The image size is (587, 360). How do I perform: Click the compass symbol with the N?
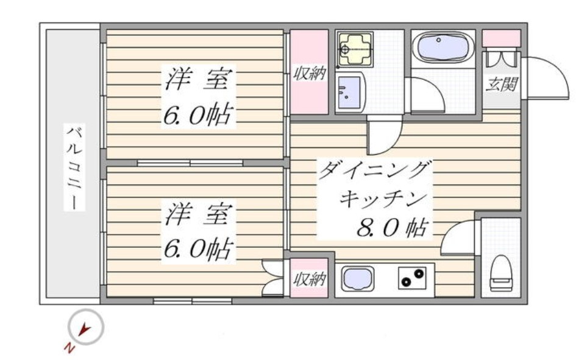[86, 328]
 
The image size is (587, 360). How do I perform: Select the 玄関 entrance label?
[501, 84]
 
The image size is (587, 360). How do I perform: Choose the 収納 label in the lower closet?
[309, 279]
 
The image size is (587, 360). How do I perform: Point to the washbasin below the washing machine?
[349, 93]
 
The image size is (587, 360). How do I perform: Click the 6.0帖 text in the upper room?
[198, 114]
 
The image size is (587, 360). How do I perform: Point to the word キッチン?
[385, 199]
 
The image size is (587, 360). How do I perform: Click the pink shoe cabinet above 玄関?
[501, 38]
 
